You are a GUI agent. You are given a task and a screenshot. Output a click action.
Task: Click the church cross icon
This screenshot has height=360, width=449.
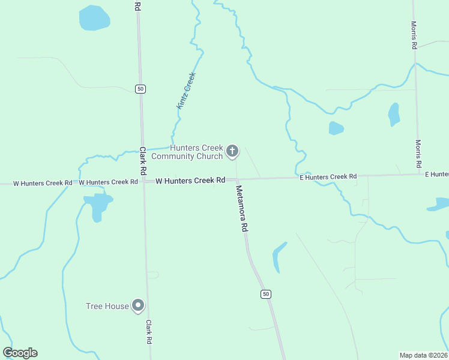(x=232, y=152)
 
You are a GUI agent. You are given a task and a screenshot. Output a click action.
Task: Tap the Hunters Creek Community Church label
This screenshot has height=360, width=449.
(x=188, y=152)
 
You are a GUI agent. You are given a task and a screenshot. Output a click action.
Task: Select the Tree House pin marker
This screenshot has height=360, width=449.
(x=138, y=306)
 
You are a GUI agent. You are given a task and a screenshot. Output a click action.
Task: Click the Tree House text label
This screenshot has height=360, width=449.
(x=107, y=307)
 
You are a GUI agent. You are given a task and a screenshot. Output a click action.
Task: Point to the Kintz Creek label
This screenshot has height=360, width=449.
(x=186, y=91)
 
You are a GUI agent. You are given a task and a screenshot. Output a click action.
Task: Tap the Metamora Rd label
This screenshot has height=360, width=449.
(x=242, y=208)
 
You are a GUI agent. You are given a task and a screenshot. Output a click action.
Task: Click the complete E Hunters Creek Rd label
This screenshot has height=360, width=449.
(x=328, y=177)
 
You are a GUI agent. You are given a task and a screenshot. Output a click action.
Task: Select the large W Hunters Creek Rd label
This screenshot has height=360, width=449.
(x=190, y=181)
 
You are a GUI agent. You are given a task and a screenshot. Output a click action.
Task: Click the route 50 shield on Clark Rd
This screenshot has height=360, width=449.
(x=140, y=89)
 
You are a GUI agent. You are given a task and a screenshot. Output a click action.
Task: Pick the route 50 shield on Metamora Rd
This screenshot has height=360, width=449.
(x=266, y=294)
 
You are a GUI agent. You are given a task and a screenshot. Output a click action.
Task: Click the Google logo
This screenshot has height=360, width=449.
(x=20, y=353)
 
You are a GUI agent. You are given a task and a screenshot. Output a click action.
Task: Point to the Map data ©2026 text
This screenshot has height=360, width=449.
(x=423, y=355)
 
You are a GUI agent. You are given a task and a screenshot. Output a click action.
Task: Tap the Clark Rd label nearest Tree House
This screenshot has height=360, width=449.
(x=148, y=332)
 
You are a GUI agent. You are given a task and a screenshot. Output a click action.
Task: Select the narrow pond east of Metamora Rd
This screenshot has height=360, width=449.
(x=278, y=257)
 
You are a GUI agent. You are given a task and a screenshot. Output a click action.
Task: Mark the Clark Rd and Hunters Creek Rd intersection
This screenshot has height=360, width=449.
(x=143, y=181)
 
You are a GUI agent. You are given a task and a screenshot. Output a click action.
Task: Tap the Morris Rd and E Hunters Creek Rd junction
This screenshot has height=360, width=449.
(x=420, y=175)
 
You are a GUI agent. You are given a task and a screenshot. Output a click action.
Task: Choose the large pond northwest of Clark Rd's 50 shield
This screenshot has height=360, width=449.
(x=95, y=19)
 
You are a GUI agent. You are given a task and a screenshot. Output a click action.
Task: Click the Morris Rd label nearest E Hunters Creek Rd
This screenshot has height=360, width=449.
(x=418, y=154)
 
